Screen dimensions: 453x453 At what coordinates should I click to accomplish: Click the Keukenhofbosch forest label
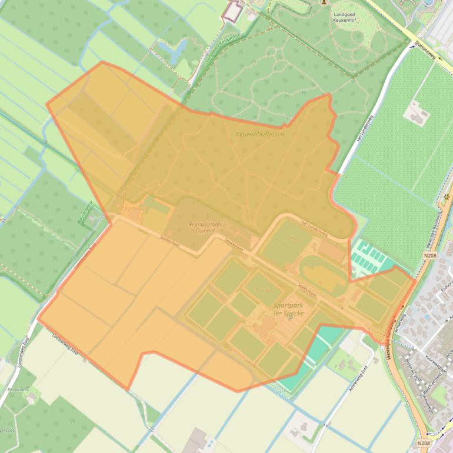click(x=259, y=134)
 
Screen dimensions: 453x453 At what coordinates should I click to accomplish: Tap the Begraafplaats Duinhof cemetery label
click(x=198, y=228)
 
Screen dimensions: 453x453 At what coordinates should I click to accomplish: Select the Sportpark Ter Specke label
click(x=288, y=309)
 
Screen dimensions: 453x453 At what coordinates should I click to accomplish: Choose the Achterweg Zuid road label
click(x=357, y=365)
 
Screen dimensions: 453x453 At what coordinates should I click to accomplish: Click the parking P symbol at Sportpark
click(x=290, y=318)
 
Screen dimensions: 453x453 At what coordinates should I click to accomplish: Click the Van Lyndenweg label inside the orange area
click(x=314, y=230)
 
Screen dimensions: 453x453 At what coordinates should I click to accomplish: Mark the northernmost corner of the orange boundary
click(x=103, y=62)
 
